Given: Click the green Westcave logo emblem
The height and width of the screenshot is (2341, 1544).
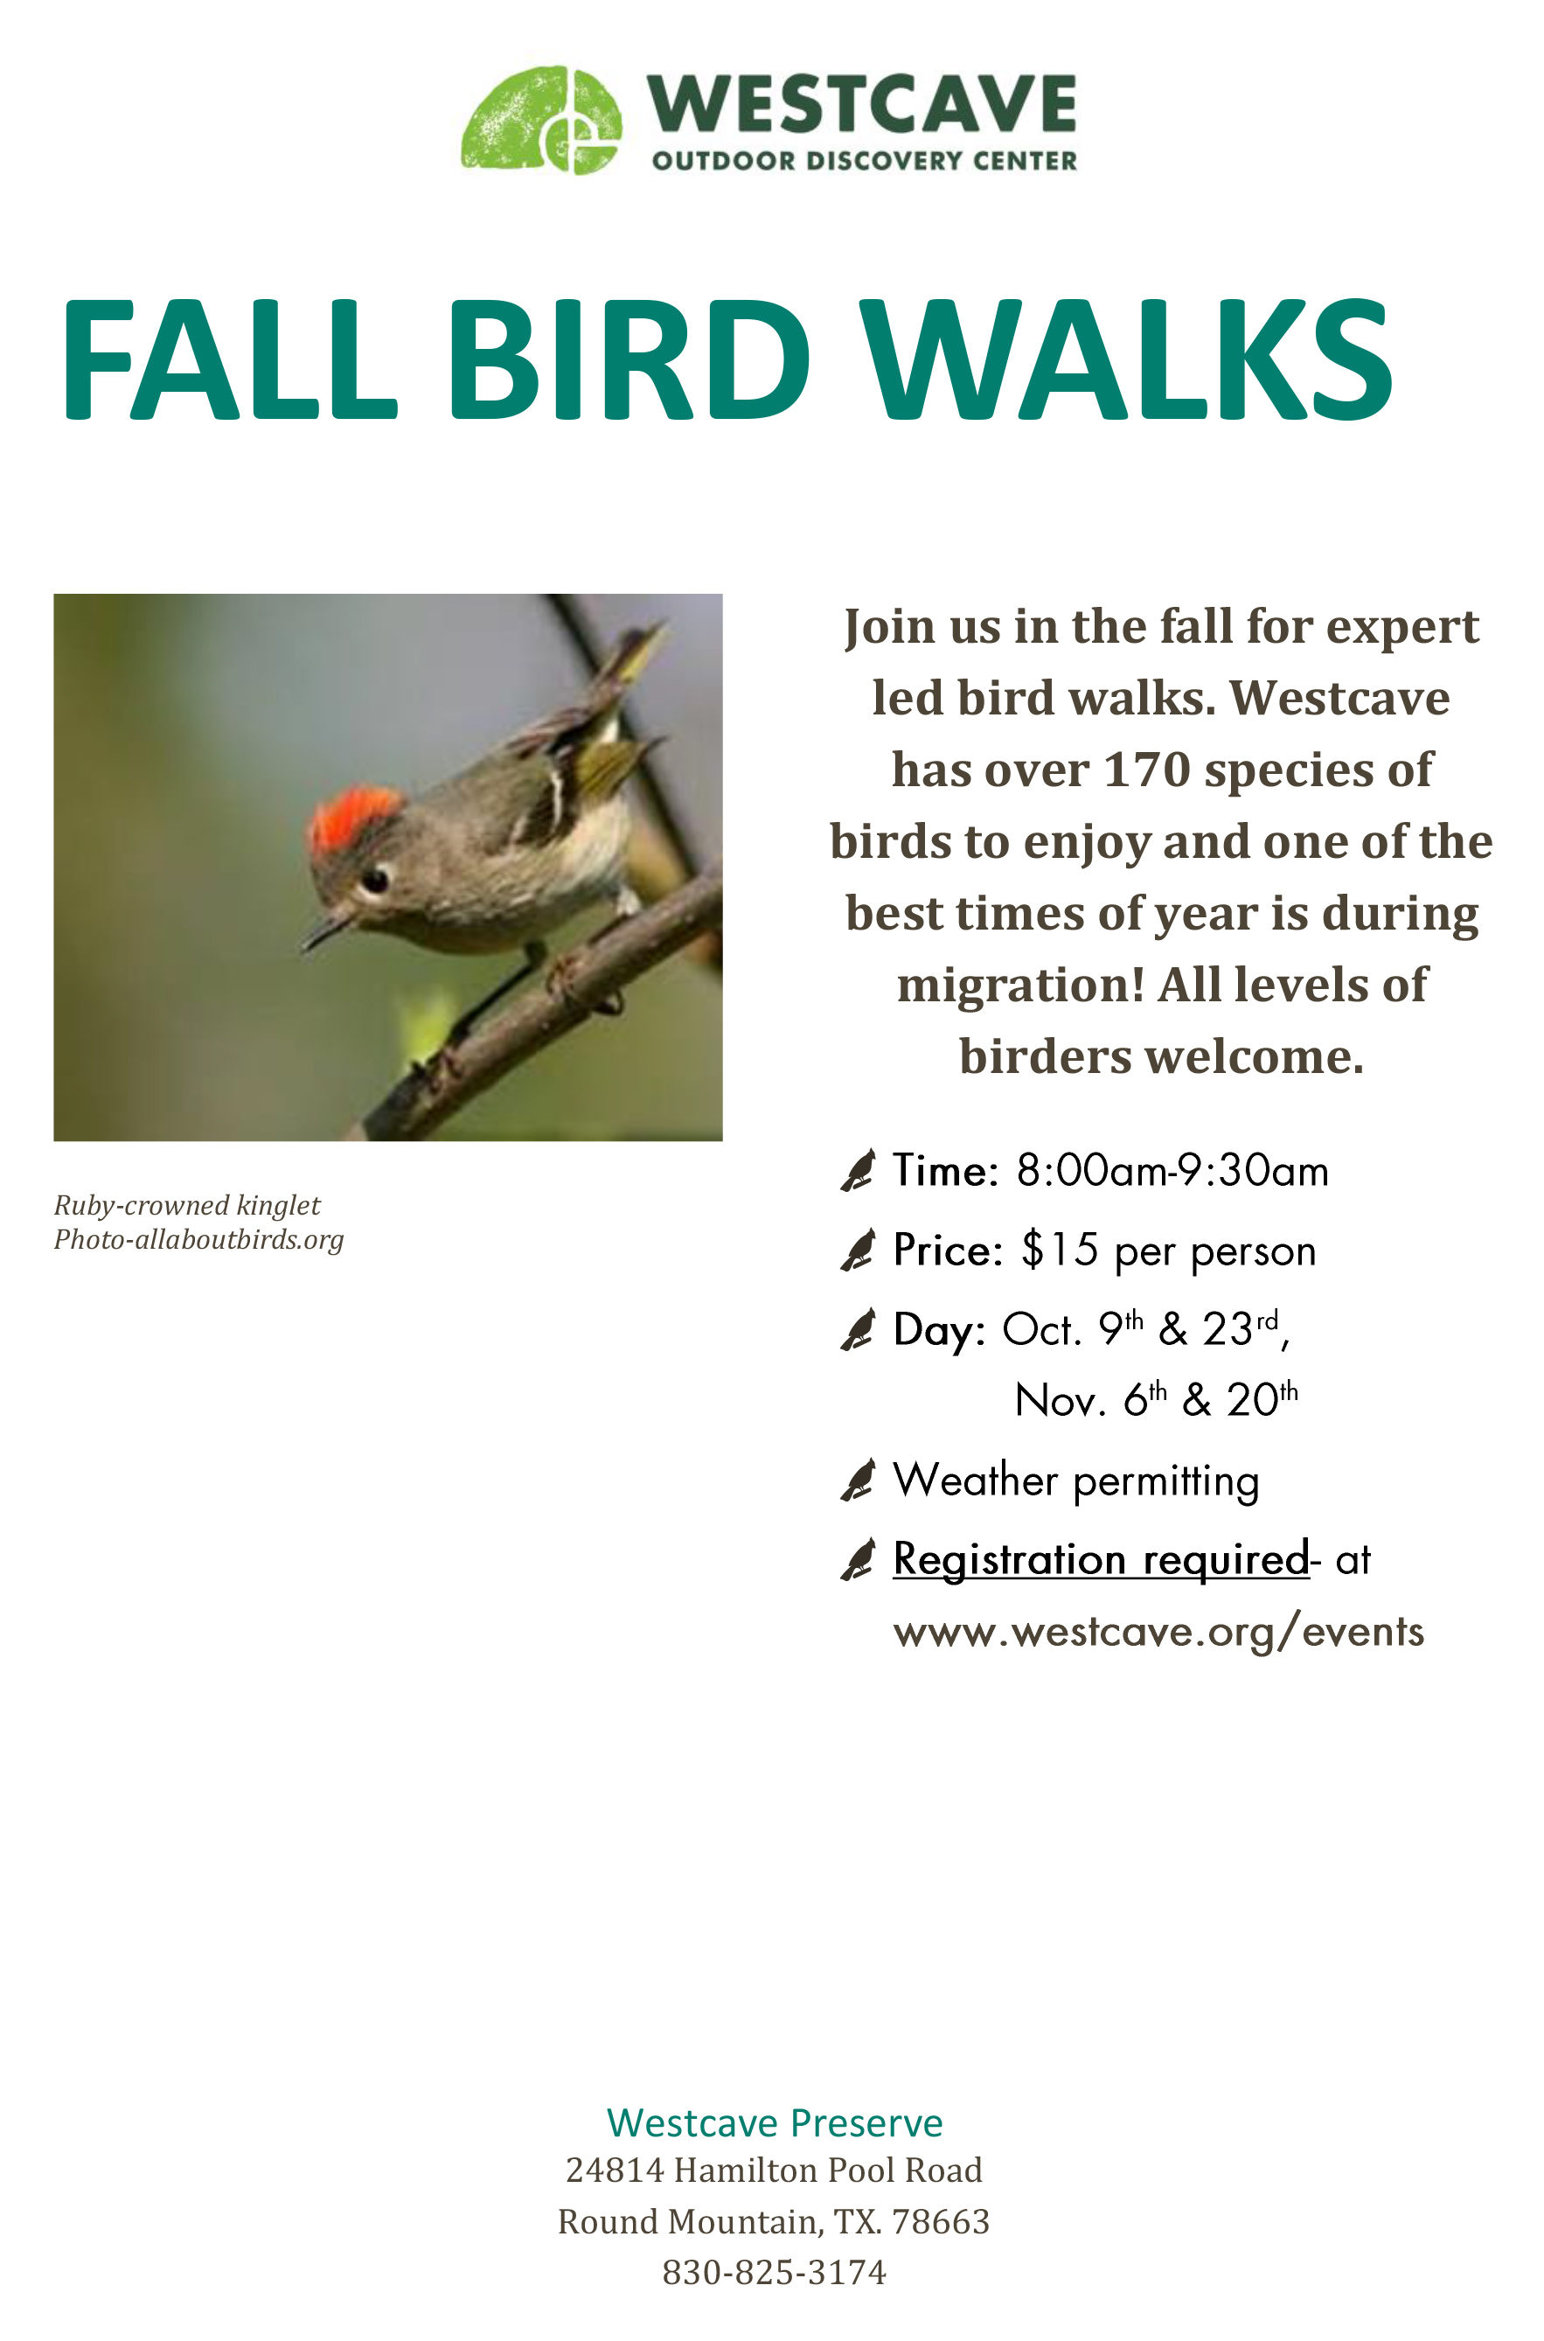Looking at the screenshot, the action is pyautogui.click(x=541, y=119).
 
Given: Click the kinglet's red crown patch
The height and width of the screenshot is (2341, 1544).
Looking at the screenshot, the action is pyautogui.click(x=354, y=817).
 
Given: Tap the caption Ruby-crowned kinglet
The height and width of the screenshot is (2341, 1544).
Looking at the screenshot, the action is pyautogui.click(x=187, y=1205).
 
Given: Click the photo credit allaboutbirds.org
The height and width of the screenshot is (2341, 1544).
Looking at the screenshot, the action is pyautogui.click(x=240, y=1239).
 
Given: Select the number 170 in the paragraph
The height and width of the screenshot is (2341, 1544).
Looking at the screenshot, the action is pyautogui.click(x=1147, y=770).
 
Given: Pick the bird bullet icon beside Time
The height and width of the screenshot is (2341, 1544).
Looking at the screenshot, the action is pyautogui.click(x=858, y=1170).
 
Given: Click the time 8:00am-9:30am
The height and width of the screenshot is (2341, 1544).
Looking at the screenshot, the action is pyautogui.click(x=1172, y=1170).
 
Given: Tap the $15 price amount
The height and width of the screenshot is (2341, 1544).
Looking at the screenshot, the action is pyautogui.click(x=1060, y=1250).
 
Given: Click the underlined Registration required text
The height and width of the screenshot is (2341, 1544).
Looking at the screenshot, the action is pyautogui.click(x=1101, y=1560).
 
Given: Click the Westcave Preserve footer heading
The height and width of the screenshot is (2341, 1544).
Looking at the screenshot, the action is pyautogui.click(x=775, y=2122).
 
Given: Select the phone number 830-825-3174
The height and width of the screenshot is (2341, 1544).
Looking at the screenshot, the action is pyautogui.click(x=774, y=2272).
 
